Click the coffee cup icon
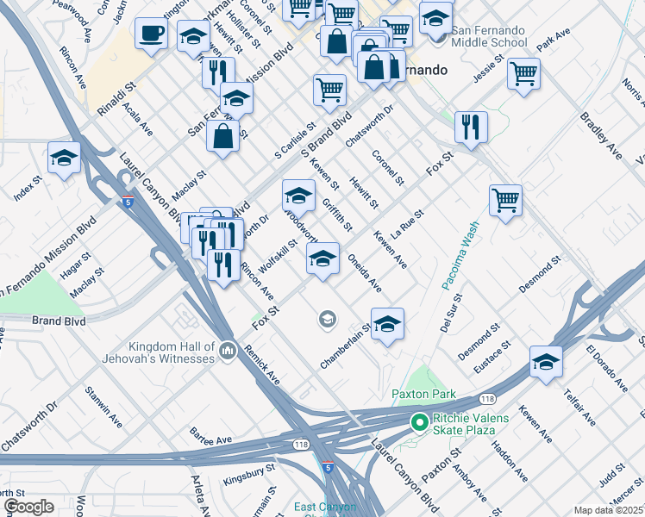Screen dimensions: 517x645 coord(151,33)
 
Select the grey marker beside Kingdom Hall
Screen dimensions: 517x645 coord(228,350)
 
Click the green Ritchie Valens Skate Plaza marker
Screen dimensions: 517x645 coord(419,422)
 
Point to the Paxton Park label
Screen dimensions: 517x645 coord(423,394)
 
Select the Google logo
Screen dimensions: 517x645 coord(28,506)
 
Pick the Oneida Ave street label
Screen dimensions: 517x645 coord(364,272)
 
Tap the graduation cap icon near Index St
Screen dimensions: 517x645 coord(64,158)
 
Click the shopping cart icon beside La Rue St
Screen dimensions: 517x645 coord(505,200)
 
